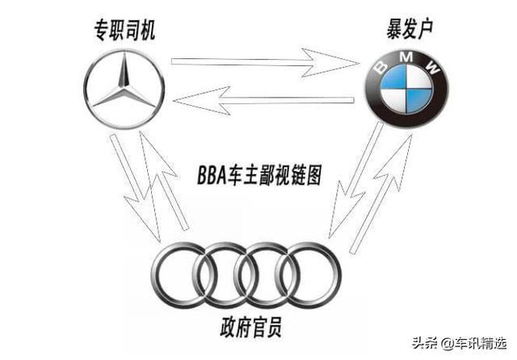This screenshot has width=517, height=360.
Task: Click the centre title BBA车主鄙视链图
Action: coord(258,174)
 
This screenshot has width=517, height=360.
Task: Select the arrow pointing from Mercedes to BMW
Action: coord(267,61)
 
